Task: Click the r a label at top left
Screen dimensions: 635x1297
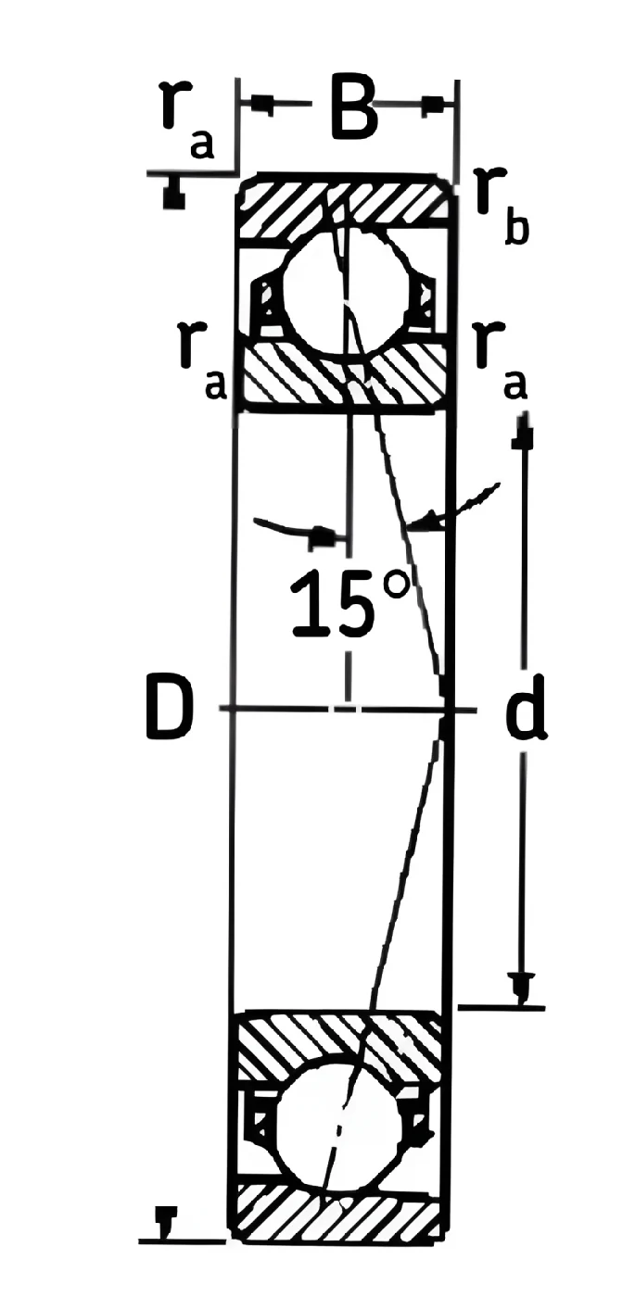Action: click(x=186, y=120)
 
